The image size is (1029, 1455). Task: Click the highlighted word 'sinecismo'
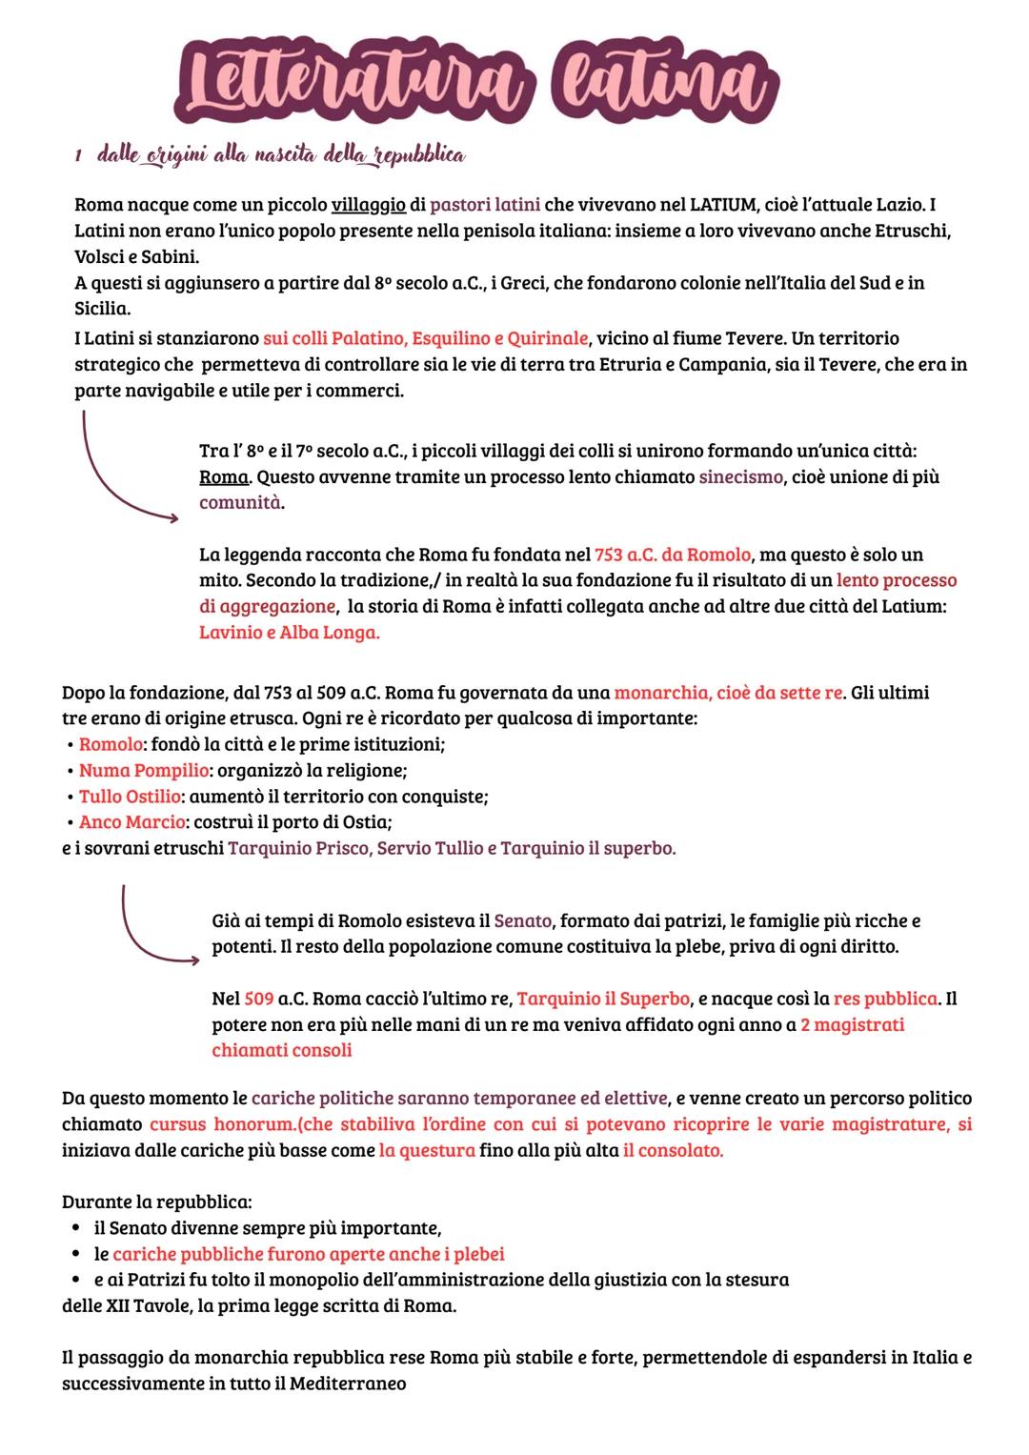pyautogui.click(x=741, y=476)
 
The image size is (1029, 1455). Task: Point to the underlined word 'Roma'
pyautogui.click(x=223, y=476)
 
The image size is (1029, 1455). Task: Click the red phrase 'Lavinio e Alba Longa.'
pyautogui.click(x=289, y=632)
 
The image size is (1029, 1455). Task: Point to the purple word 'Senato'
pyautogui.click(x=522, y=921)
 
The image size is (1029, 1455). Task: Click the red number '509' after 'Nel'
pyautogui.click(x=259, y=1000)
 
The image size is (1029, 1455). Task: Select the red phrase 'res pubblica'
pyautogui.click(x=885, y=1000)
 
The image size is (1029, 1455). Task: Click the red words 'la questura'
pyautogui.click(x=427, y=1150)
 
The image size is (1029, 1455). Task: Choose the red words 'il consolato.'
pyautogui.click(x=673, y=1150)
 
